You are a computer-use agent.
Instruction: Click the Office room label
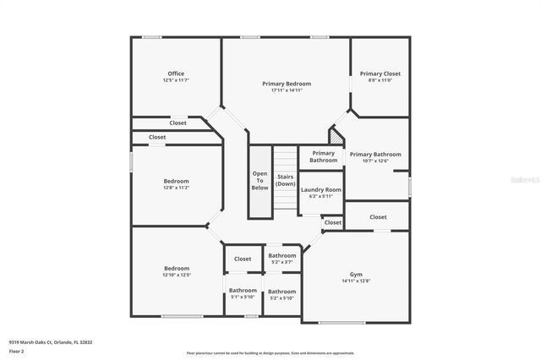click(x=175, y=74)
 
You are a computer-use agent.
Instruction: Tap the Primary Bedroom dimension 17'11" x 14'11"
click(x=287, y=90)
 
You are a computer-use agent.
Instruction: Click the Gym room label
click(x=356, y=275)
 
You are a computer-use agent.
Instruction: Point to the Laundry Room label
click(x=321, y=190)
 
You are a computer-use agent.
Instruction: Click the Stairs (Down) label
click(x=286, y=180)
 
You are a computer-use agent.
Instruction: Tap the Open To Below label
click(x=260, y=180)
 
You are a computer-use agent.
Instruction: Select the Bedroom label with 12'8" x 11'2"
click(x=176, y=181)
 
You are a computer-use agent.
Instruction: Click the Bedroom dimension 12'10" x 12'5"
click(x=176, y=275)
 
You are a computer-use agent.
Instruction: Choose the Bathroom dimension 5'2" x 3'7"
click(x=282, y=262)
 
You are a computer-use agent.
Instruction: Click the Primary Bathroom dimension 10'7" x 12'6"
click(x=375, y=161)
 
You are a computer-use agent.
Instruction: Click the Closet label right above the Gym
click(x=378, y=216)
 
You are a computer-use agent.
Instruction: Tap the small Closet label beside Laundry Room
click(x=333, y=222)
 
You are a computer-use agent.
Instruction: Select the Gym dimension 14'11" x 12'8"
click(x=356, y=281)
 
